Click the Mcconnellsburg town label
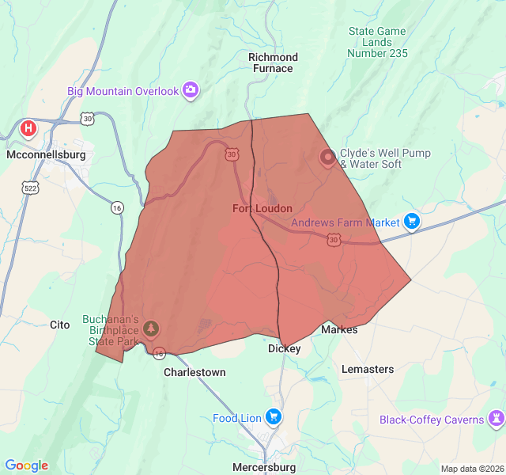[45, 155]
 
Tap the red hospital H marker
[28, 127]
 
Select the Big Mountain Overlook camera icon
[191, 90]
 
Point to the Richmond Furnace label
[273, 63]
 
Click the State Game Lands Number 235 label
[377, 42]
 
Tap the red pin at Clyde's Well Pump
[327, 157]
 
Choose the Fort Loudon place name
[262, 208]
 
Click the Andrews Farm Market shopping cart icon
[411, 222]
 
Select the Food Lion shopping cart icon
[274, 416]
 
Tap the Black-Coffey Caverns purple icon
[497, 419]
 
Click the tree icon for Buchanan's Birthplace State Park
[151, 328]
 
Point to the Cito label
[60, 325]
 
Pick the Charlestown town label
[194, 372]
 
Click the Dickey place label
[285, 348]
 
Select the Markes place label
[339, 329]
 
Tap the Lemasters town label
[368, 369]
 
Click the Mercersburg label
[264, 467]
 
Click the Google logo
[26, 465]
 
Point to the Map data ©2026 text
[472, 469]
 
